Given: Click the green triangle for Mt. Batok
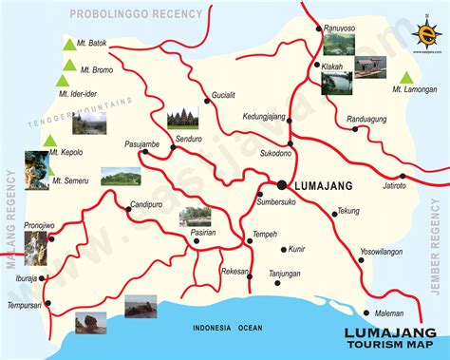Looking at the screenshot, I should [x=68, y=44].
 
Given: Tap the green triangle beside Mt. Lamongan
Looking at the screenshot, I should [x=406, y=77].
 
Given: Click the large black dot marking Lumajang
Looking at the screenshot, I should [x=282, y=184].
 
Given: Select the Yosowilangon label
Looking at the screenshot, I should [x=381, y=252].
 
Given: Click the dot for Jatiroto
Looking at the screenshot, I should [x=403, y=176].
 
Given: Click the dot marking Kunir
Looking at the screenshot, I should [x=283, y=251].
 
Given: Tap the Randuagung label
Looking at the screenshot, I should [x=368, y=119].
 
